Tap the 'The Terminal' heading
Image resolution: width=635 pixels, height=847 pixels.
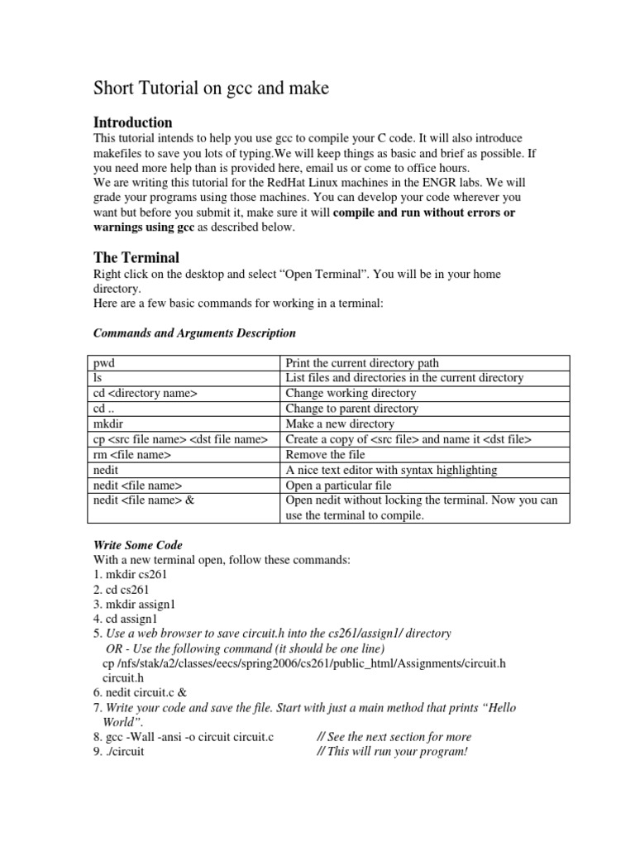tap(136, 257)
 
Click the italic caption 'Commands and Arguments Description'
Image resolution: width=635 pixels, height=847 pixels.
tap(193, 333)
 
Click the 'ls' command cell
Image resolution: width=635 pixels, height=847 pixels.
tap(97, 378)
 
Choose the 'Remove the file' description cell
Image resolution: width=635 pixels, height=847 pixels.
tap(325, 455)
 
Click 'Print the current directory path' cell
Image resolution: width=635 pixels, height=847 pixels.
tap(362, 362)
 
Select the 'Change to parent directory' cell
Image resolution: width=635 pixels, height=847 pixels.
tap(351, 409)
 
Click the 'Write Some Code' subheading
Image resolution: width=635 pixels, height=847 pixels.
tap(138, 545)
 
